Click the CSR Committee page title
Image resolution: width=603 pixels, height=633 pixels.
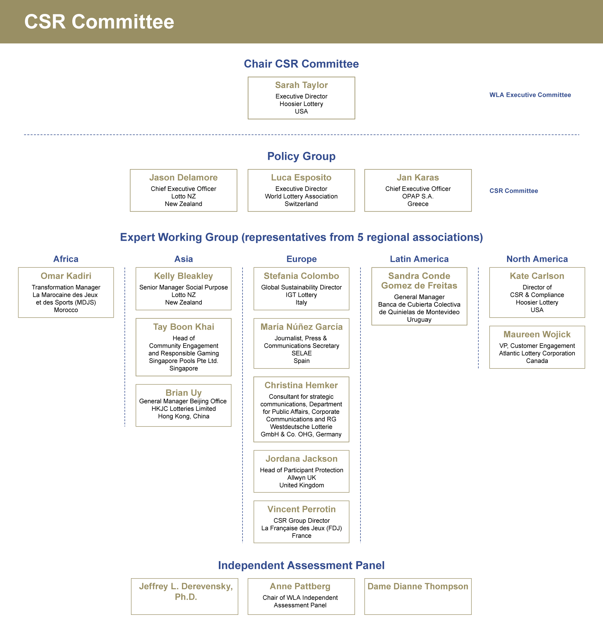click(x=99, y=22)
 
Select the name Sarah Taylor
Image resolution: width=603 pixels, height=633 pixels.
click(x=301, y=85)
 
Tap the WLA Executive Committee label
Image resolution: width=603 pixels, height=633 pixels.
click(x=530, y=95)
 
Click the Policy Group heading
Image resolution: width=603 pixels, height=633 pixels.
click(x=301, y=156)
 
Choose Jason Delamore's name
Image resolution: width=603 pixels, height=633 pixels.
click(x=183, y=178)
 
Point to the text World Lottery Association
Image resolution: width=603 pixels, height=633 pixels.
click(x=301, y=196)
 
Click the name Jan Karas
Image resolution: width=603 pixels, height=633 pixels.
click(x=418, y=178)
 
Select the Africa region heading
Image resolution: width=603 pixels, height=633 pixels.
click(x=66, y=259)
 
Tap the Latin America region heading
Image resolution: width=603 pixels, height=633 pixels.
click(x=419, y=259)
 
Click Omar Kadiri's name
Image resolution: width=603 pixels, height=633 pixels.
click(x=66, y=276)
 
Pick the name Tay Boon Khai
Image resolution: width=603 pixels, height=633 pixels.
click(x=183, y=327)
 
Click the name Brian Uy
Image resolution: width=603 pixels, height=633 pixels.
click(x=183, y=393)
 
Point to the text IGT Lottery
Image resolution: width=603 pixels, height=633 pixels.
click(x=301, y=295)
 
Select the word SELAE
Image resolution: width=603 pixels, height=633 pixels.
click(x=301, y=353)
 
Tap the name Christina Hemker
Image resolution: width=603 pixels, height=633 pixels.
click(x=301, y=385)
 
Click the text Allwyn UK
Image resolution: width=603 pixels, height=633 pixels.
click(x=301, y=478)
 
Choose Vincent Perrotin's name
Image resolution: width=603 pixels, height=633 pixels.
click(x=301, y=509)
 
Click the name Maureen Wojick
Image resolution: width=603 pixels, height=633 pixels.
click(x=537, y=334)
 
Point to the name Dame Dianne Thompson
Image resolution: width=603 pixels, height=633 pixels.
click(x=418, y=586)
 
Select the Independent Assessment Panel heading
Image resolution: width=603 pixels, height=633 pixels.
click(x=301, y=565)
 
